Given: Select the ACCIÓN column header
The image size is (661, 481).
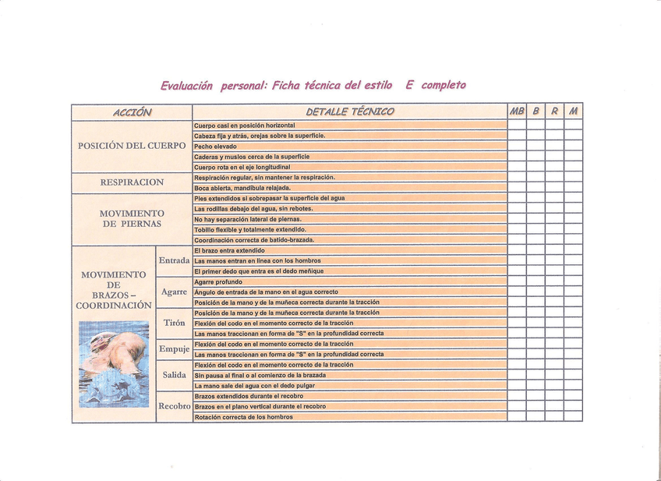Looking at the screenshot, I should tap(132, 112).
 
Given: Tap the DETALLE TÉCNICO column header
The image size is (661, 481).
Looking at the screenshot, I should tap(350, 112).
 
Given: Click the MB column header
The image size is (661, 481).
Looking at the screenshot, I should tap(517, 112).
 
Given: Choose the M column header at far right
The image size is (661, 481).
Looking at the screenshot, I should tap(574, 112).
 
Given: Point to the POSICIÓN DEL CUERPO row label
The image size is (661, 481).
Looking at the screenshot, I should tap(132, 146).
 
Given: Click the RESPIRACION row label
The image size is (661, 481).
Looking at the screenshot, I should tap(132, 182).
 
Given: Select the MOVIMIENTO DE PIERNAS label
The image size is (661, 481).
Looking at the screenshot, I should tap(132, 218).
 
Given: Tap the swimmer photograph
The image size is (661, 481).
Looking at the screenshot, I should tap(115, 363).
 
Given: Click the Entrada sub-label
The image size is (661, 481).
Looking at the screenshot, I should tap(174, 260).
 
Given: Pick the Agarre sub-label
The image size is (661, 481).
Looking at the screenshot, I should tap(174, 292).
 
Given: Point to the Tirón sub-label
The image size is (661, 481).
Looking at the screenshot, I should tap(174, 323).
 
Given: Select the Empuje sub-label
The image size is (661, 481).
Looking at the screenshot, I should tap(174, 348).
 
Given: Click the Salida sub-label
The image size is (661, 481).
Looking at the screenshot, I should tap(174, 375).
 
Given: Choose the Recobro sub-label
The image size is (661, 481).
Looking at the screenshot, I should tap(174, 406).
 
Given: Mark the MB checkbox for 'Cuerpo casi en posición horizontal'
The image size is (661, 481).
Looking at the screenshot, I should tap(517, 126).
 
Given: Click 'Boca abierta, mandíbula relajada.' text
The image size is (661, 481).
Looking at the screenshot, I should tap(242, 188).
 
